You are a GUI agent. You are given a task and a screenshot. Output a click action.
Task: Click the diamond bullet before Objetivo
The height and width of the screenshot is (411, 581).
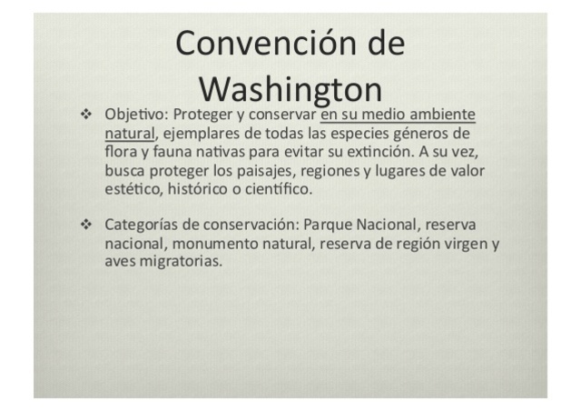click(x=86, y=116)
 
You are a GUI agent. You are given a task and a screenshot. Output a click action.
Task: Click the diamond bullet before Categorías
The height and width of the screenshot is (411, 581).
click(x=86, y=224)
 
